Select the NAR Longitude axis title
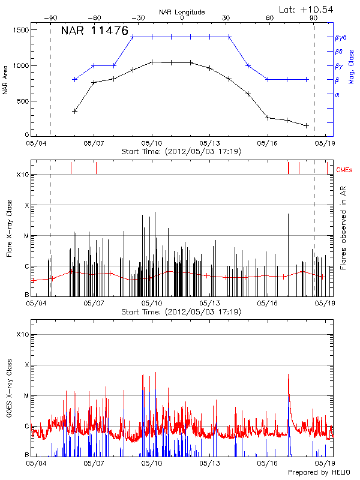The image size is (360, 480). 182,12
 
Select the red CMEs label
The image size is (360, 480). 344,170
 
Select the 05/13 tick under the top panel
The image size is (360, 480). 209,144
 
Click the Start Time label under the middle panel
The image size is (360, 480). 181,312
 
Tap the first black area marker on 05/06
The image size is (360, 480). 75,111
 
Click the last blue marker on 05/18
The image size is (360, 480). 307,79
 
